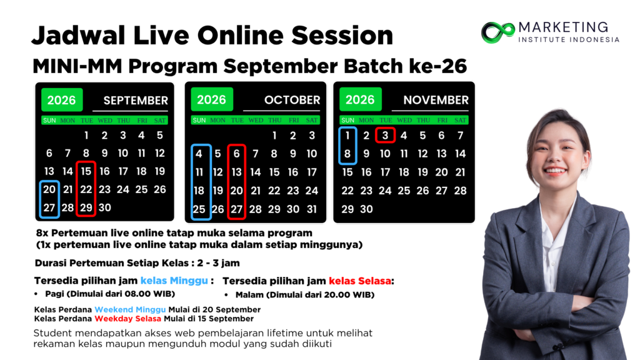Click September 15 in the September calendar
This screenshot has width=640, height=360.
pos(86,171)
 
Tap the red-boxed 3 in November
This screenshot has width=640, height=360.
pos(385,136)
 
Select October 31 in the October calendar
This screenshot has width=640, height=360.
pos(312,209)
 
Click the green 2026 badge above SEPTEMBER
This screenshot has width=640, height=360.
pos(62,100)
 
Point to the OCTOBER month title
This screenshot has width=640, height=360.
pos(292,100)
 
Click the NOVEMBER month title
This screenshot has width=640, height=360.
pos(436,100)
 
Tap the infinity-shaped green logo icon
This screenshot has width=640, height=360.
pos(497,32)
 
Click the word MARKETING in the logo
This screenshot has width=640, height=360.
pos(563,27)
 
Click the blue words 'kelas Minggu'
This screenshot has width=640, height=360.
pos(174,281)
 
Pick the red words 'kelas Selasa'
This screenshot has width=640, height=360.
pos(360,281)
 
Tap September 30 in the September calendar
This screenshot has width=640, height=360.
pos(104,207)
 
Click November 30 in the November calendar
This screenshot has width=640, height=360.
pos(366,209)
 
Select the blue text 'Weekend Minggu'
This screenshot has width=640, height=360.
pos(130,310)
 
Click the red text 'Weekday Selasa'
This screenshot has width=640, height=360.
pos(127,319)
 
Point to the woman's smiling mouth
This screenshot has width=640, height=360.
pos(556,170)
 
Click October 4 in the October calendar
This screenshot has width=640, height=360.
pos(199,154)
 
